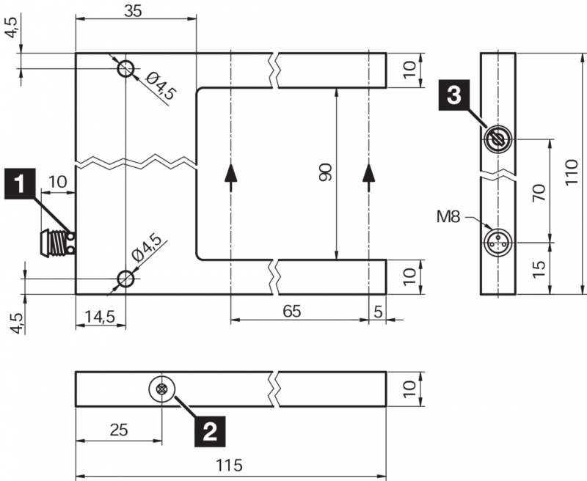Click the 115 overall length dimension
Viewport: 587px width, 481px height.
pyautogui.click(x=232, y=465)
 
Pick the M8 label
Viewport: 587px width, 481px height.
pyautogui.click(x=450, y=216)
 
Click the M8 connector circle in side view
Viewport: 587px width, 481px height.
pyautogui.click(x=498, y=240)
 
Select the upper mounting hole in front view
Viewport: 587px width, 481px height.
pyautogui.click(x=126, y=69)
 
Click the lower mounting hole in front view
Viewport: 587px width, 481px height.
pyautogui.click(x=126, y=278)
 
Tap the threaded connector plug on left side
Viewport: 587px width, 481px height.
pyautogui.click(x=54, y=243)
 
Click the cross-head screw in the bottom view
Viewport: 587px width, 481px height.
pyautogui.click(x=161, y=389)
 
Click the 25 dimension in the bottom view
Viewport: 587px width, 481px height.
pyautogui.click(x=117, y=430)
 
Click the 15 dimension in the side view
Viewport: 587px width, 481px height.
pyautogui.click(x=539, y=268)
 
